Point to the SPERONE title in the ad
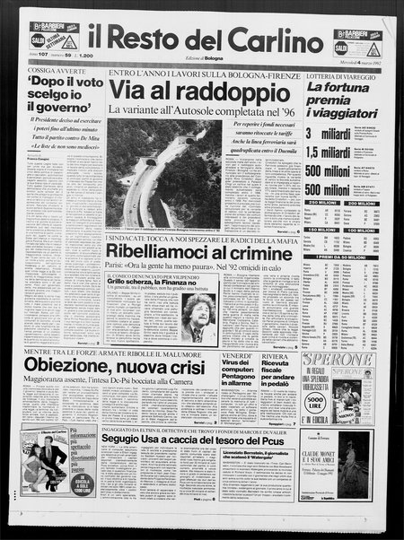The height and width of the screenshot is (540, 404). click(350, 360)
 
